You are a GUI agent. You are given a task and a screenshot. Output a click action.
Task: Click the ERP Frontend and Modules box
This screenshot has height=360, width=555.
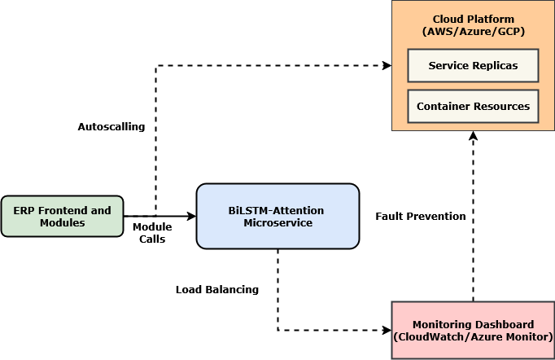(62, 216)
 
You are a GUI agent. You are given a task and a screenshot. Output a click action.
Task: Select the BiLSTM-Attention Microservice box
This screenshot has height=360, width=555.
(277, 216)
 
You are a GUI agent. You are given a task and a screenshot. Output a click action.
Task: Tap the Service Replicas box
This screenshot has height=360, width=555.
(473, 65)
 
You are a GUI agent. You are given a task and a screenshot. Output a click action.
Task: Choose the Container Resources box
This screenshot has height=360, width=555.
(473, 106)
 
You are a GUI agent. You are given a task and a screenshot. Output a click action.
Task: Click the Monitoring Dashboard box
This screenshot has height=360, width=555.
(473, 330)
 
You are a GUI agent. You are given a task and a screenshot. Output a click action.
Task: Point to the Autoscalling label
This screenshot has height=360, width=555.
(111, 127)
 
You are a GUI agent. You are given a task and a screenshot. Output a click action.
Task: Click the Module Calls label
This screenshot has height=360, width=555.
(152, 232)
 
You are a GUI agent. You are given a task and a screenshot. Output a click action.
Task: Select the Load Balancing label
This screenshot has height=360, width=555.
(217, 289)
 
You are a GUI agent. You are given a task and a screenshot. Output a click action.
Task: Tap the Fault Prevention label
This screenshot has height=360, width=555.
(421, 216)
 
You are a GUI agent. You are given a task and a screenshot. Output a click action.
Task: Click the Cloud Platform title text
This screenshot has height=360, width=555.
(473, 19)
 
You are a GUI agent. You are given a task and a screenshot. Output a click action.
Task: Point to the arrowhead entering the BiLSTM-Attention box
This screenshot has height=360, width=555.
(192, 216)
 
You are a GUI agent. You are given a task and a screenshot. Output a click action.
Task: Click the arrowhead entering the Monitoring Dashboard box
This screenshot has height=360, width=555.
(387, 330)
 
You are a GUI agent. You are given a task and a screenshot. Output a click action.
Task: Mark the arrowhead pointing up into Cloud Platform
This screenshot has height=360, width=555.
(473, 136)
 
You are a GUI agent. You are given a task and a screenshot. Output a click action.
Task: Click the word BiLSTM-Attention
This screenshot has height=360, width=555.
(276, 210)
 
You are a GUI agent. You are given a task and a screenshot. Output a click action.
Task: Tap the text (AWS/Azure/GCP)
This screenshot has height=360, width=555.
(473, 31)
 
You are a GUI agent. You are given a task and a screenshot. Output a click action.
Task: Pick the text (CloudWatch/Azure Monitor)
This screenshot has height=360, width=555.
(473, 336)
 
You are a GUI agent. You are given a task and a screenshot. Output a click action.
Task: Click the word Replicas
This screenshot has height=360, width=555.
(494, 65)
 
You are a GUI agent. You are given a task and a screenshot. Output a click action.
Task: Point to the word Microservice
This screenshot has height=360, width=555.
(277, 222)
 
